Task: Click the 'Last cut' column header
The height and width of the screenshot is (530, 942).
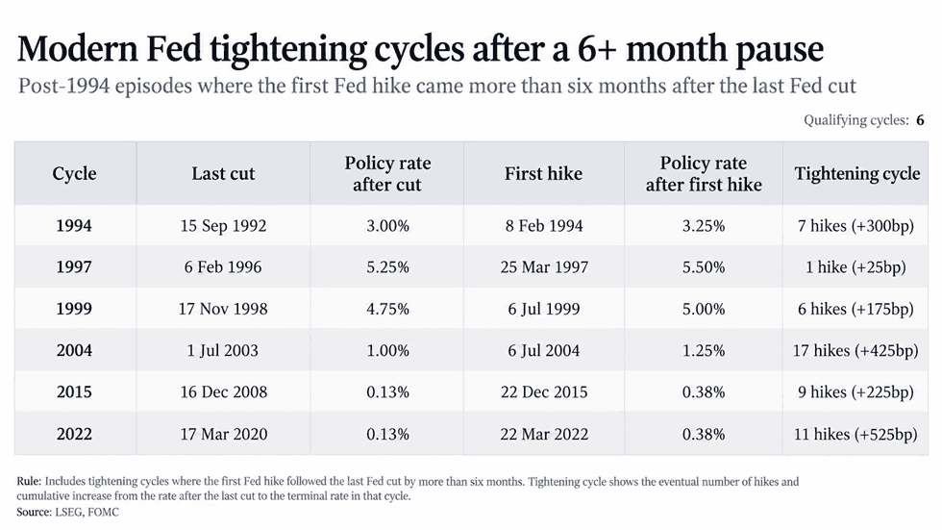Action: pyautogui.click(x=223, y=174)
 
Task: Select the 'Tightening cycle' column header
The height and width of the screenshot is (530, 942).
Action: pyautogui.click(x=856, y=174)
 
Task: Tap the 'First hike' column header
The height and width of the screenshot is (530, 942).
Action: pyautogui.click(x=543, y=174)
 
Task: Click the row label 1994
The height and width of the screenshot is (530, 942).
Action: pyautogui.click(x=74, y=225)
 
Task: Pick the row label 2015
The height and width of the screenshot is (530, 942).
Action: pyautogui.click(x=74, y=391)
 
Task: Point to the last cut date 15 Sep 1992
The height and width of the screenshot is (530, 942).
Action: pyautogui.click(x=223, y=225)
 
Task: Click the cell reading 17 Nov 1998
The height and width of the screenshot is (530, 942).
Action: pyautogui.click(x=223, y=309)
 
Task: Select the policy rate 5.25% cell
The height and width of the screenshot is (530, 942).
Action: pyautogui.click(x=387, y=266)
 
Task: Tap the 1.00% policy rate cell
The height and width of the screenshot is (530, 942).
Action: pyautogui.click(x=387, y=350)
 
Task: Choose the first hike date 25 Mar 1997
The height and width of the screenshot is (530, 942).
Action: pyautogui.click(x=544, y=266)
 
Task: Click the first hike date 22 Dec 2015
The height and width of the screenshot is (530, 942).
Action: pyautogui.click(x=544, y=391)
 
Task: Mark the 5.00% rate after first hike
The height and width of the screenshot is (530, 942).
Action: pyautogui.click(x=704, y=309)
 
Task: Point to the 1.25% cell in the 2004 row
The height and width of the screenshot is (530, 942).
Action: pyautogui.click(x=704, y=350)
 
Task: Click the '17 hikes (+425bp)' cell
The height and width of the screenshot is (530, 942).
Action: pyautogui.click(x=855, y=350)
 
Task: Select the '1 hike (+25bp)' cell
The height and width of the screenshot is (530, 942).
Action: pyautogui.click(x=855, y=266)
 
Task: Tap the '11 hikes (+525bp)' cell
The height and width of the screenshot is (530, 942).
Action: pyautogui.click(x=855, y=434)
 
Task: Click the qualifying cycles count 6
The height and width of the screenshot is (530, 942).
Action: pyautogui.click(x=920, y=120)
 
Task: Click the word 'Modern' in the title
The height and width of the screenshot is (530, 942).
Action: pyautogui.click(x=78, y=49)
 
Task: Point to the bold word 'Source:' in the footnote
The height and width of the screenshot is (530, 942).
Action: pyautogui.click(x=35, y=512)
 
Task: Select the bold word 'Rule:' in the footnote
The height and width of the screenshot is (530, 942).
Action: pyautogui.click(x=29, y=481)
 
